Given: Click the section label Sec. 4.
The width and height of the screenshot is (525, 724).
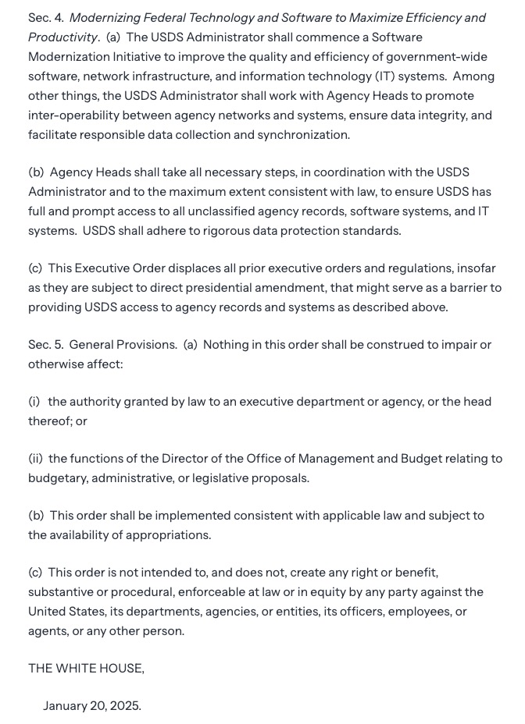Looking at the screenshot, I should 45,17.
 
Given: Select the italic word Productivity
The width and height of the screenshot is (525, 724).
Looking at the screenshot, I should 63,37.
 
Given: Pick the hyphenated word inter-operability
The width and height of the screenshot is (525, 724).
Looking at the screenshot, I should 75,115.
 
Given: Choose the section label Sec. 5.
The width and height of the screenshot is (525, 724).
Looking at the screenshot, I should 45,344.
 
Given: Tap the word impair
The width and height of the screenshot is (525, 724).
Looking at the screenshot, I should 457,344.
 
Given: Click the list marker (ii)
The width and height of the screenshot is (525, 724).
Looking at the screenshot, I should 35,459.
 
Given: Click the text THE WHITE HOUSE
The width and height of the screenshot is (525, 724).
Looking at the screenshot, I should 86,668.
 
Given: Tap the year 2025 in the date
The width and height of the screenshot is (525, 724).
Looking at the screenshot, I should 125,706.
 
